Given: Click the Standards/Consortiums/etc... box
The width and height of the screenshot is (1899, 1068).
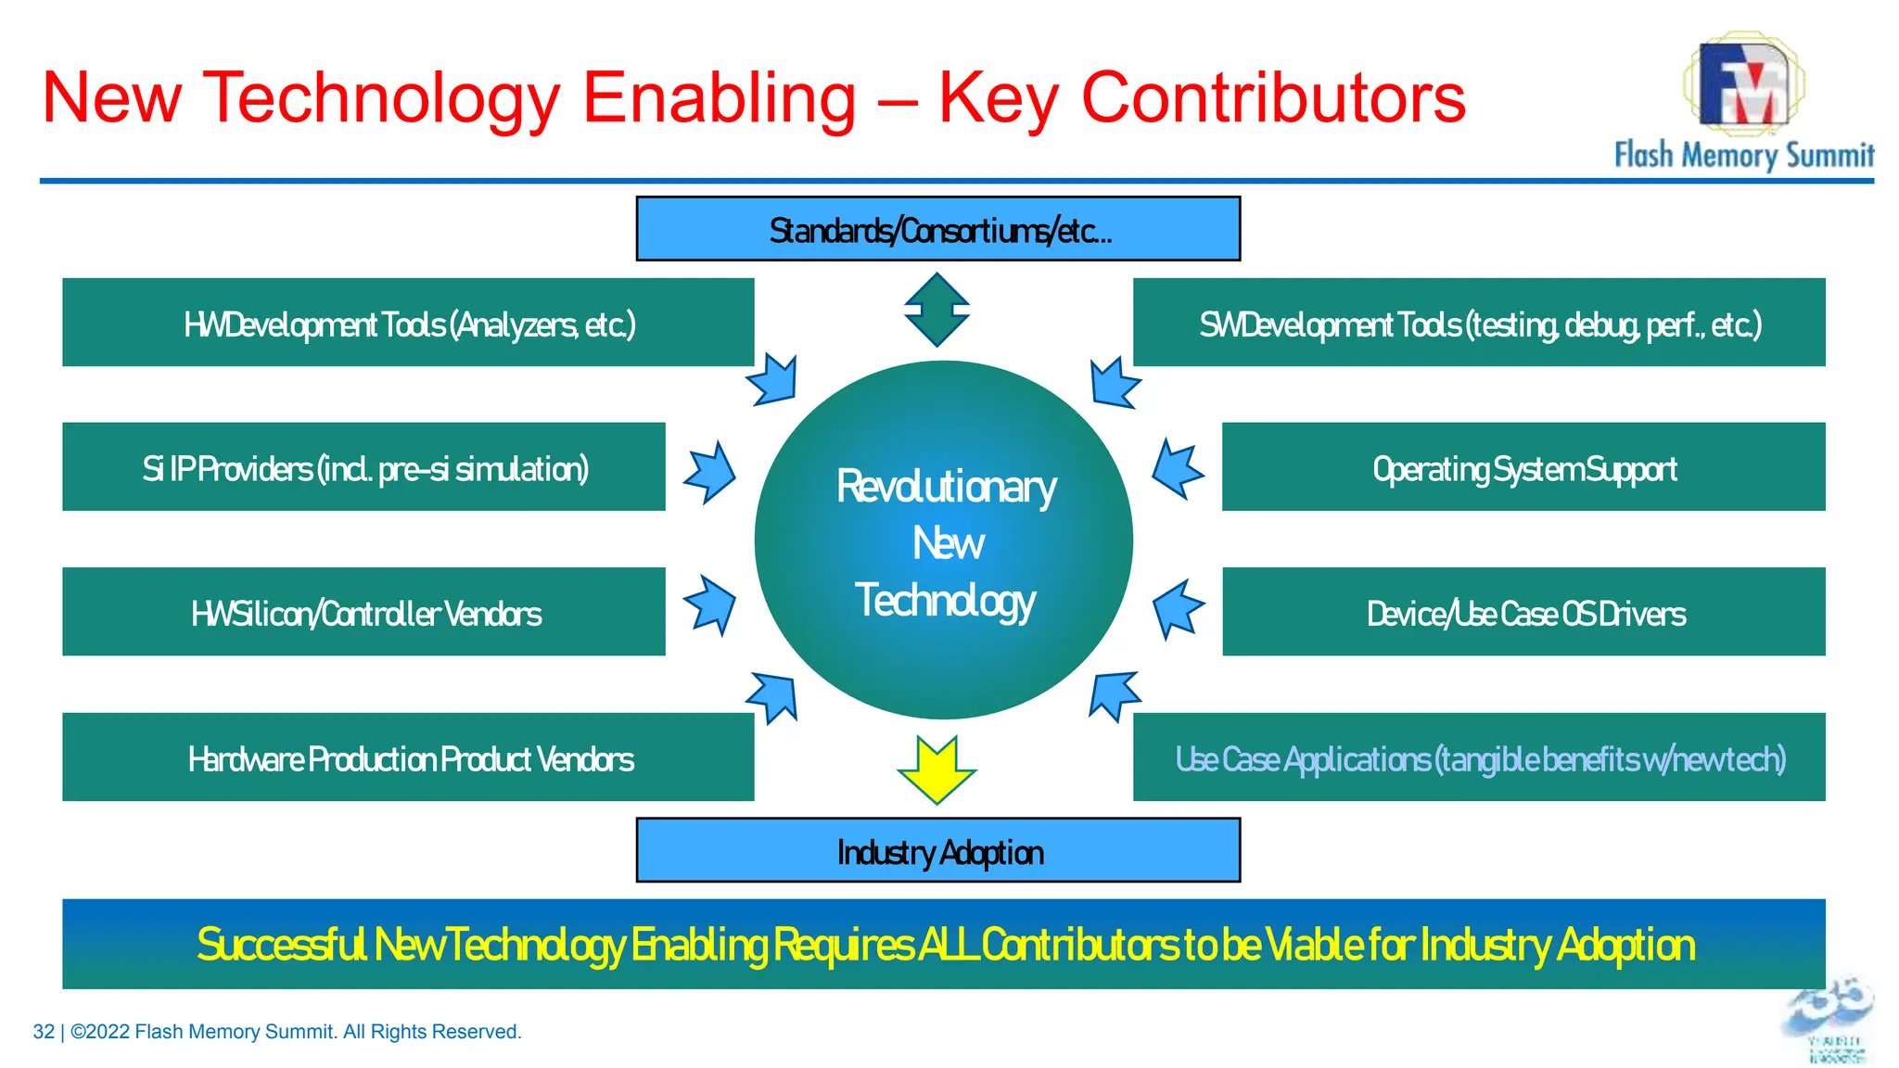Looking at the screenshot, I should (937, 229).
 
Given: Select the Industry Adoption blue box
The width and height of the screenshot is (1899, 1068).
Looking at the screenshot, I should (937, 850).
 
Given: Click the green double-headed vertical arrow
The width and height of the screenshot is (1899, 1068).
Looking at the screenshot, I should (937, 310).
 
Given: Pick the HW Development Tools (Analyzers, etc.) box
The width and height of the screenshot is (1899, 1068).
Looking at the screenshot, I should (408, 323).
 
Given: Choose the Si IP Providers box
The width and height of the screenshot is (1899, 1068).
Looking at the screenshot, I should (363, 467).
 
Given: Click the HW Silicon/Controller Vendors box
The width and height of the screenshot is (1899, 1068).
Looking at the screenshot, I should (363, 612).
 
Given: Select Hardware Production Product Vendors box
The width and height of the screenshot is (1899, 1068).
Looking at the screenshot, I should (408, 757).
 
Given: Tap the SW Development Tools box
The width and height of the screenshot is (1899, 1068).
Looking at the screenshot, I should (1479, 323).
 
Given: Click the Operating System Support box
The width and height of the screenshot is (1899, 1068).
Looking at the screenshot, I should (1523, 467).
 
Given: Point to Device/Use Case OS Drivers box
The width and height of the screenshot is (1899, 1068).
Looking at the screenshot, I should (1523, 612).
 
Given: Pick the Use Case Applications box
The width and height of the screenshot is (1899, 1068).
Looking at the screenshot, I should (1479, 757).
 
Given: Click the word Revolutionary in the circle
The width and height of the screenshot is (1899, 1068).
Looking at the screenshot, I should (946, 487).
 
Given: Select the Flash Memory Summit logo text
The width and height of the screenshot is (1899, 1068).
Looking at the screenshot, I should (1743, 155).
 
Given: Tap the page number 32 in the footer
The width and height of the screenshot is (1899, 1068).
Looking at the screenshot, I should (44, 1032).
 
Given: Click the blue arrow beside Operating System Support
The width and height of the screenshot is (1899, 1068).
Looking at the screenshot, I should (1178, 469).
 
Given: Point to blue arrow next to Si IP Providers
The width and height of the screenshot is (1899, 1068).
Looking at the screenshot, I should (710, 472).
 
